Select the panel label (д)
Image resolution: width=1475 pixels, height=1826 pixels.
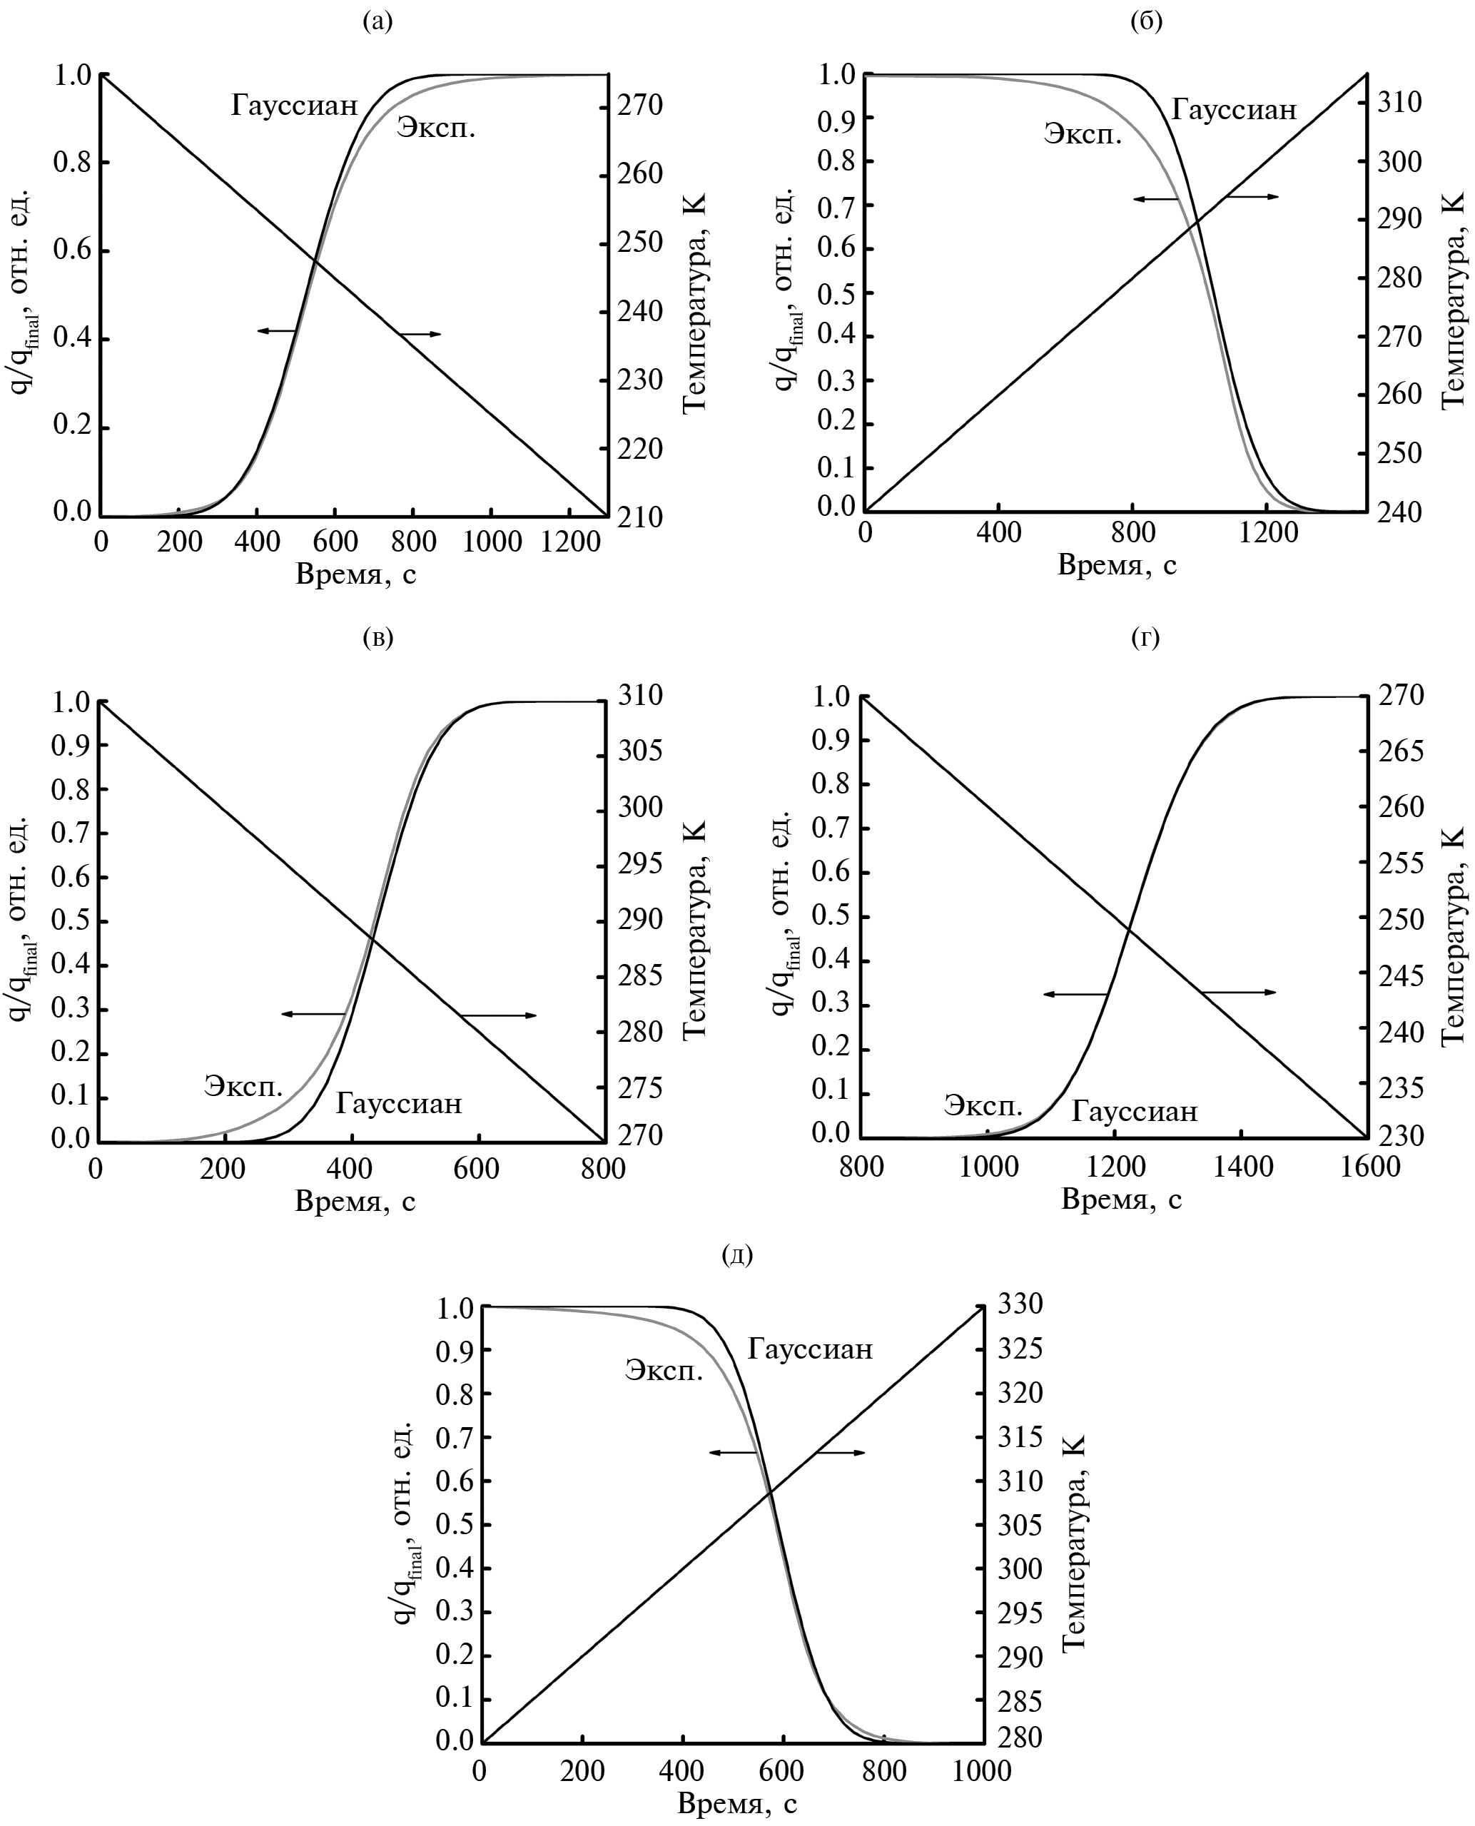[x=736, y=1253]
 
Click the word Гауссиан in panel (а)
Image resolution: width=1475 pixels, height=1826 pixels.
[x=294, y=106]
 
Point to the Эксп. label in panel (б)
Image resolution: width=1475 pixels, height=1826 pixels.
[x=1083, y=134]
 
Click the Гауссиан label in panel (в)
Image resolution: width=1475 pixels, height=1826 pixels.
[x=398, y=1104]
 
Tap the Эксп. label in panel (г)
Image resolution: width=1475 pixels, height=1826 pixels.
[x=983, y=1106]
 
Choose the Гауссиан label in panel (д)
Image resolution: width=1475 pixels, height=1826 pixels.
[x=810, y=1349]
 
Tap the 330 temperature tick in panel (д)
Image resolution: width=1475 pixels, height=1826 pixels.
[x=1020, y=1304]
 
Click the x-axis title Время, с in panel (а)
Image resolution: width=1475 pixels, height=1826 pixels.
[x=355, y=574]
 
